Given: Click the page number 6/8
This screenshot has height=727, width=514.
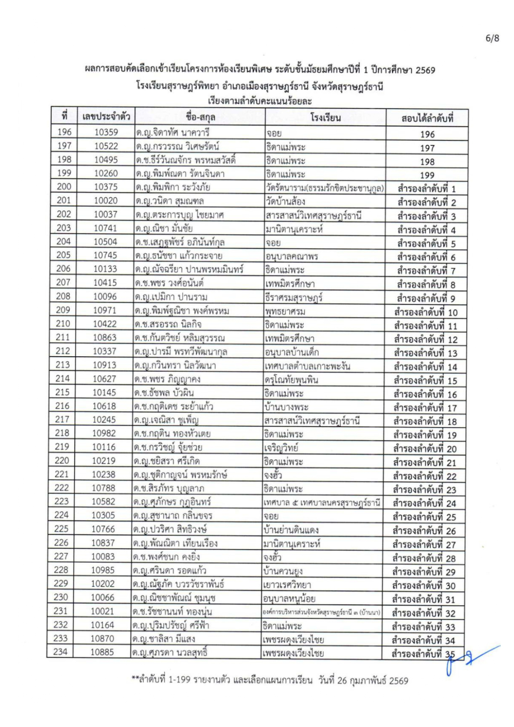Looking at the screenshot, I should pos(492,38).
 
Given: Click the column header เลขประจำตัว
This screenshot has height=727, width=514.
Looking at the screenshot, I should pos(106,117).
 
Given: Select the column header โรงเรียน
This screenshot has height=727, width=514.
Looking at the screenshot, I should pos(325,118).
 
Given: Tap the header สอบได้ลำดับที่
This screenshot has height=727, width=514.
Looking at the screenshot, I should pos(427,118).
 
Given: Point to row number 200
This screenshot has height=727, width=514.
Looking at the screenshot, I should pos(64,187).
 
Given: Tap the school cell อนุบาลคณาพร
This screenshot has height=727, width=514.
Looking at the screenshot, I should pos(291,256).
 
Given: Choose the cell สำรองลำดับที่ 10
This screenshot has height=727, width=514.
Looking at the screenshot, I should pos(426,312).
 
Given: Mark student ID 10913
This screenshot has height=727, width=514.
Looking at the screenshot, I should pos(105,365).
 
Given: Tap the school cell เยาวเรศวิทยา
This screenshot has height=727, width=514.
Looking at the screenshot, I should pos(287,585).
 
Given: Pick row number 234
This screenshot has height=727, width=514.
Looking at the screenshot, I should pos(60,652).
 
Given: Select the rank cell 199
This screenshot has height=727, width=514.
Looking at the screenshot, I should pos(427,175).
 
